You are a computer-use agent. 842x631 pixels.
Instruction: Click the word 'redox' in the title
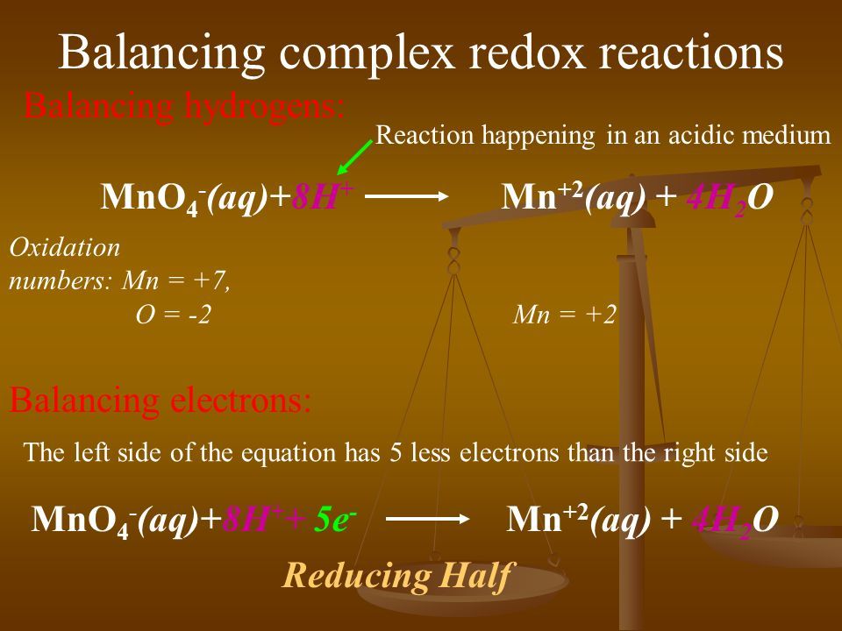coord(526,53)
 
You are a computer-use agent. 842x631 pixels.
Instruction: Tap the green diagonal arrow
coord(354,157)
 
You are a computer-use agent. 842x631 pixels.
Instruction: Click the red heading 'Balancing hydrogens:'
coord(184,107)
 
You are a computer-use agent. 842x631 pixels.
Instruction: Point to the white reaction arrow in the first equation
coord(406,195)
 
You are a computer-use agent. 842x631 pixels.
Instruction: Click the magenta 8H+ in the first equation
coord(322,195)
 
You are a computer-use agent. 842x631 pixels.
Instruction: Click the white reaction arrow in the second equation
coord(427,519)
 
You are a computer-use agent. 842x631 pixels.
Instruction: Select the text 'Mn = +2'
coord(564,315)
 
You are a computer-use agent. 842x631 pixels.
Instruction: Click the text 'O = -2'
coord(173,315)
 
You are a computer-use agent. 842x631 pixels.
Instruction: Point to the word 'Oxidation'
coord(65,248)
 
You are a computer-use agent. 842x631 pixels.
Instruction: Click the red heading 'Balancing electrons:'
coord(161,400)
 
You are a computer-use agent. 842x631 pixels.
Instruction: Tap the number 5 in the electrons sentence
coord(396,453)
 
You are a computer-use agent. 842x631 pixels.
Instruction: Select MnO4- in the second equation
coord(84,521)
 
